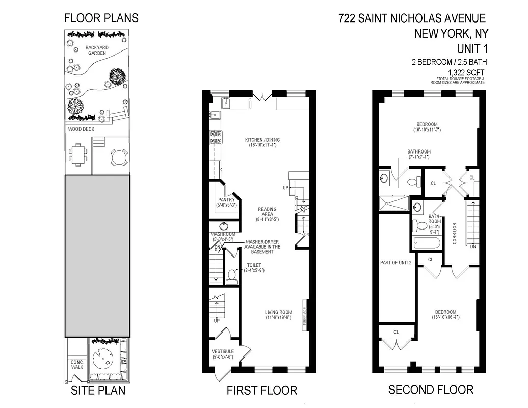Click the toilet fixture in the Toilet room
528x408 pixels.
pos(232,276)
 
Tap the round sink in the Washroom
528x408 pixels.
pos(224,226)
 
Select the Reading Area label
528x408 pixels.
pos(267,213)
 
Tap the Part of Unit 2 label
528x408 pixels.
pos(395,262)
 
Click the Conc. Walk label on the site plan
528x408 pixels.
pos(77,364)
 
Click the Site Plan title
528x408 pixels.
pos(97,391)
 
